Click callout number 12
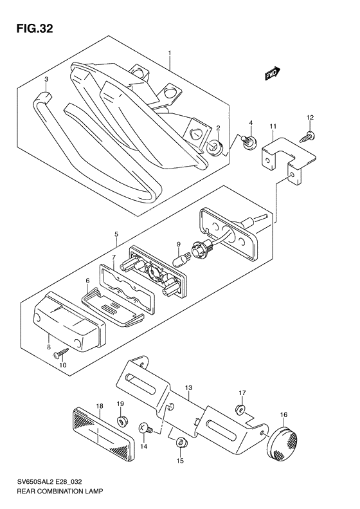tap(311, 117)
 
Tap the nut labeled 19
tap(121, 423)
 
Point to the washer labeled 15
tap(181, 442)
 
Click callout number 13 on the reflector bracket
tap(188, 388)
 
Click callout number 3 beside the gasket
tap(46, 79)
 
